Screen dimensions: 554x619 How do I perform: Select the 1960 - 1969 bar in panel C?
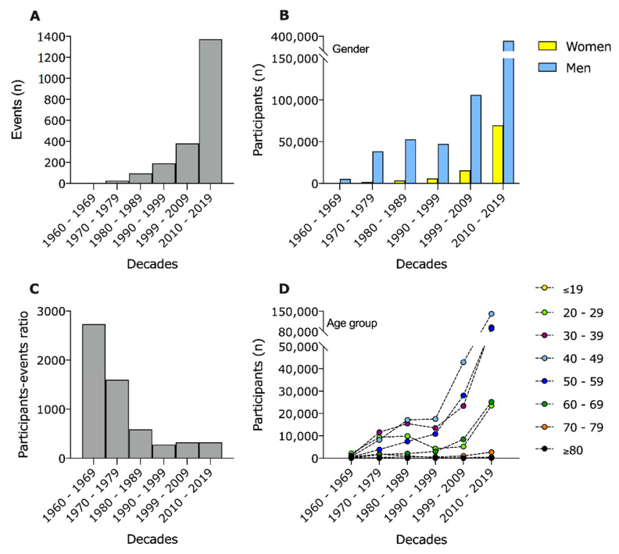94,391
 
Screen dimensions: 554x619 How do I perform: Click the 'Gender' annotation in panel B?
351,49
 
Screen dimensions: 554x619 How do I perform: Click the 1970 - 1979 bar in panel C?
116,419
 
